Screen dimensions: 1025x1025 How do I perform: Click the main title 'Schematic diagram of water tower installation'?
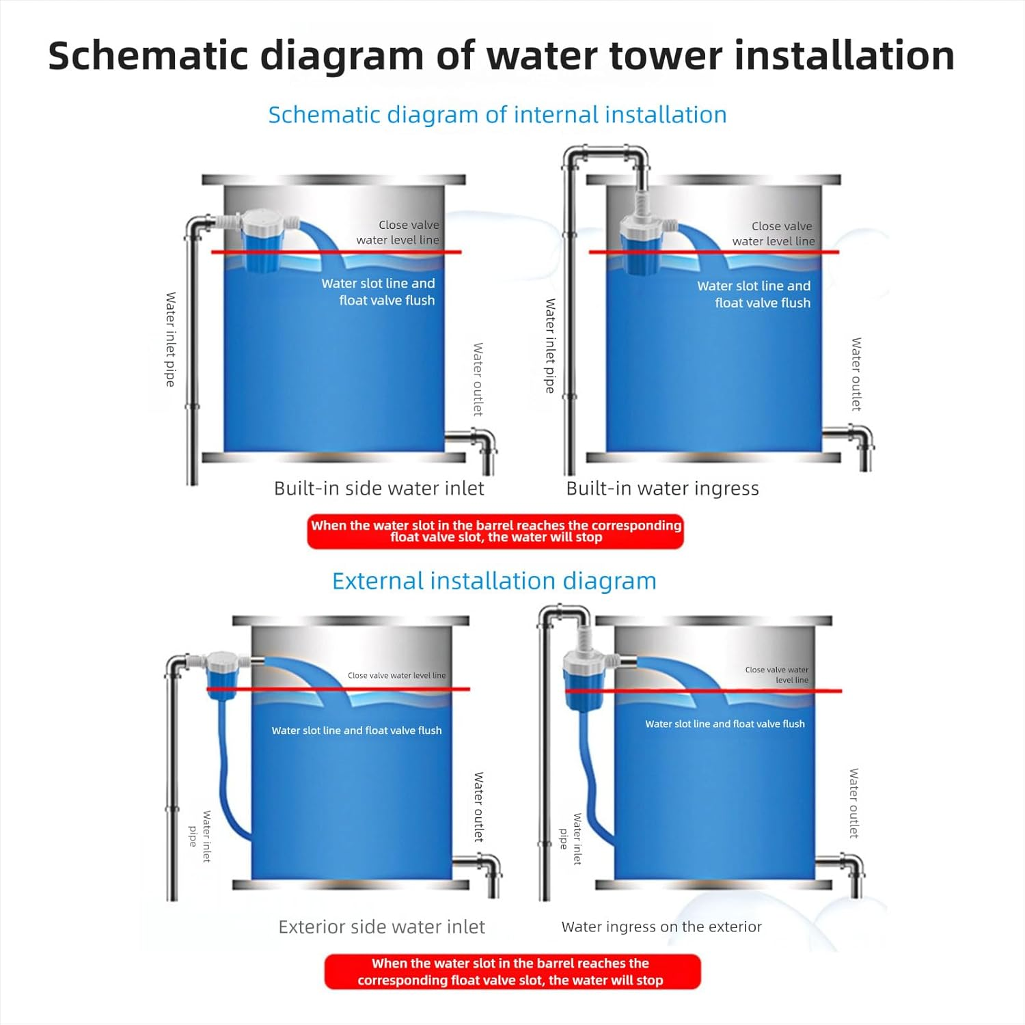click(501, 56)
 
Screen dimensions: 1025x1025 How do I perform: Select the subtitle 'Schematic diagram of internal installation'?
click(497, 115)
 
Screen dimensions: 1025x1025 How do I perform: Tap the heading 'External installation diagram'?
click(494, 581)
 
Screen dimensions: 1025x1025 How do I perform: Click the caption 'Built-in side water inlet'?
click(379, 489)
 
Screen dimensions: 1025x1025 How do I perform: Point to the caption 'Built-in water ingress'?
click(662, 489)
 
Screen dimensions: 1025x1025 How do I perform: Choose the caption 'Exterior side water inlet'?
click(381, 927)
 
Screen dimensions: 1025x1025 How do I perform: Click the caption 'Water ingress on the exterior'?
click(661, 927)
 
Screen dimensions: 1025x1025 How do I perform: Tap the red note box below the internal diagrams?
click(495, 532)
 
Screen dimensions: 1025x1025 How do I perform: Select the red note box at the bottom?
click(512, 972)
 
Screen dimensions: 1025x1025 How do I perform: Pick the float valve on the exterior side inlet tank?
click(223, 675)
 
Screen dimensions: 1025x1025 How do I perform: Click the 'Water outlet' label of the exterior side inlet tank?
click(478, 806)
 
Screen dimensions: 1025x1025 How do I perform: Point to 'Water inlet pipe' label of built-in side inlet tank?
click(171, 340)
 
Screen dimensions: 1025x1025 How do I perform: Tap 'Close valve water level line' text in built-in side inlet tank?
click(398, 232)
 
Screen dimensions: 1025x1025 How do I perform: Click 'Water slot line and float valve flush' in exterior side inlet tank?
click(357, 730)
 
